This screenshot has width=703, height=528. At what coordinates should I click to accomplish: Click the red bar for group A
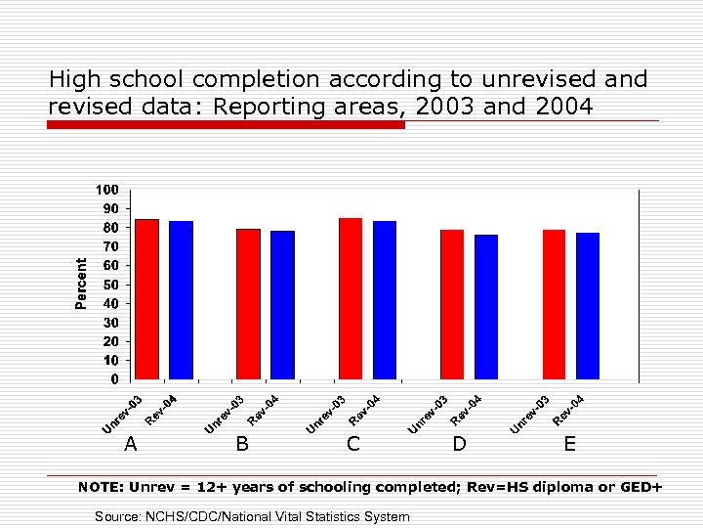[146, 298]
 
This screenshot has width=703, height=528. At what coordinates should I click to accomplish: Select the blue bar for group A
[181, 299]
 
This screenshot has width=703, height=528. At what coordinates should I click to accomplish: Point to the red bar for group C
[351, 298]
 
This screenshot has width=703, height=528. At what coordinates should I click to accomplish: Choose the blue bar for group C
[385, 299]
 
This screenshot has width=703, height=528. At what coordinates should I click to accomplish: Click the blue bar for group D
[486, 306]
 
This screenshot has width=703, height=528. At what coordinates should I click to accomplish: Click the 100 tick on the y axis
[107, 189]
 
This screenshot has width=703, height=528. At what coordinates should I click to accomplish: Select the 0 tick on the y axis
[114, 379]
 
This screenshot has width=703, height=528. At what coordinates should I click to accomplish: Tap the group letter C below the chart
[353, 444]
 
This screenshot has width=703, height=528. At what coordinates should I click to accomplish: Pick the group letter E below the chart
[569, 444]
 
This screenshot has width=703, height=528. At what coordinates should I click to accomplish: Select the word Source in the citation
[117, 516]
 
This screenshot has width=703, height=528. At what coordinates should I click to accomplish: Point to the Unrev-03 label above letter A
[124, 414]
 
